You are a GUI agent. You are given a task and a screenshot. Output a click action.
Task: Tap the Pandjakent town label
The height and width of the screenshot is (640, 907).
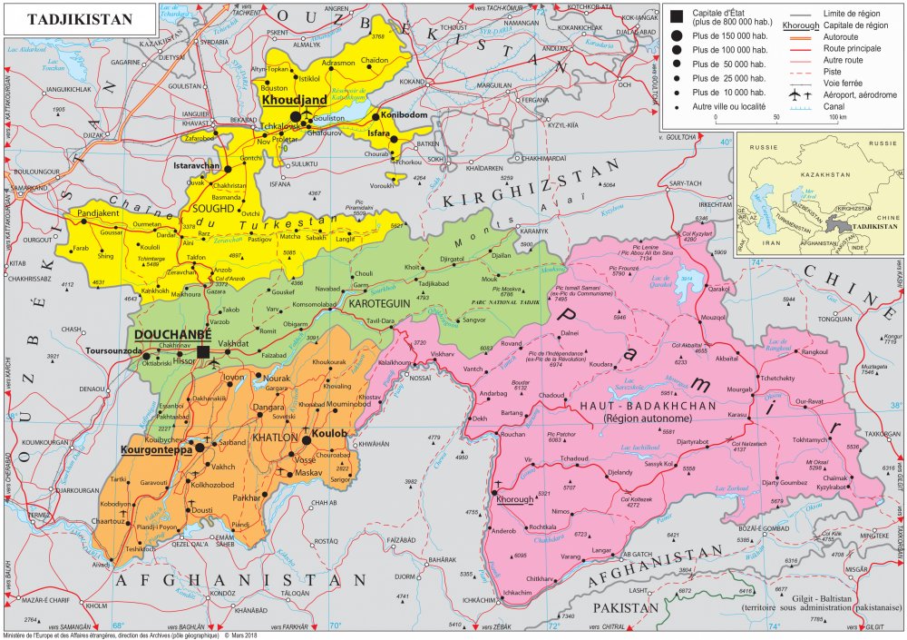[100, 215]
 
